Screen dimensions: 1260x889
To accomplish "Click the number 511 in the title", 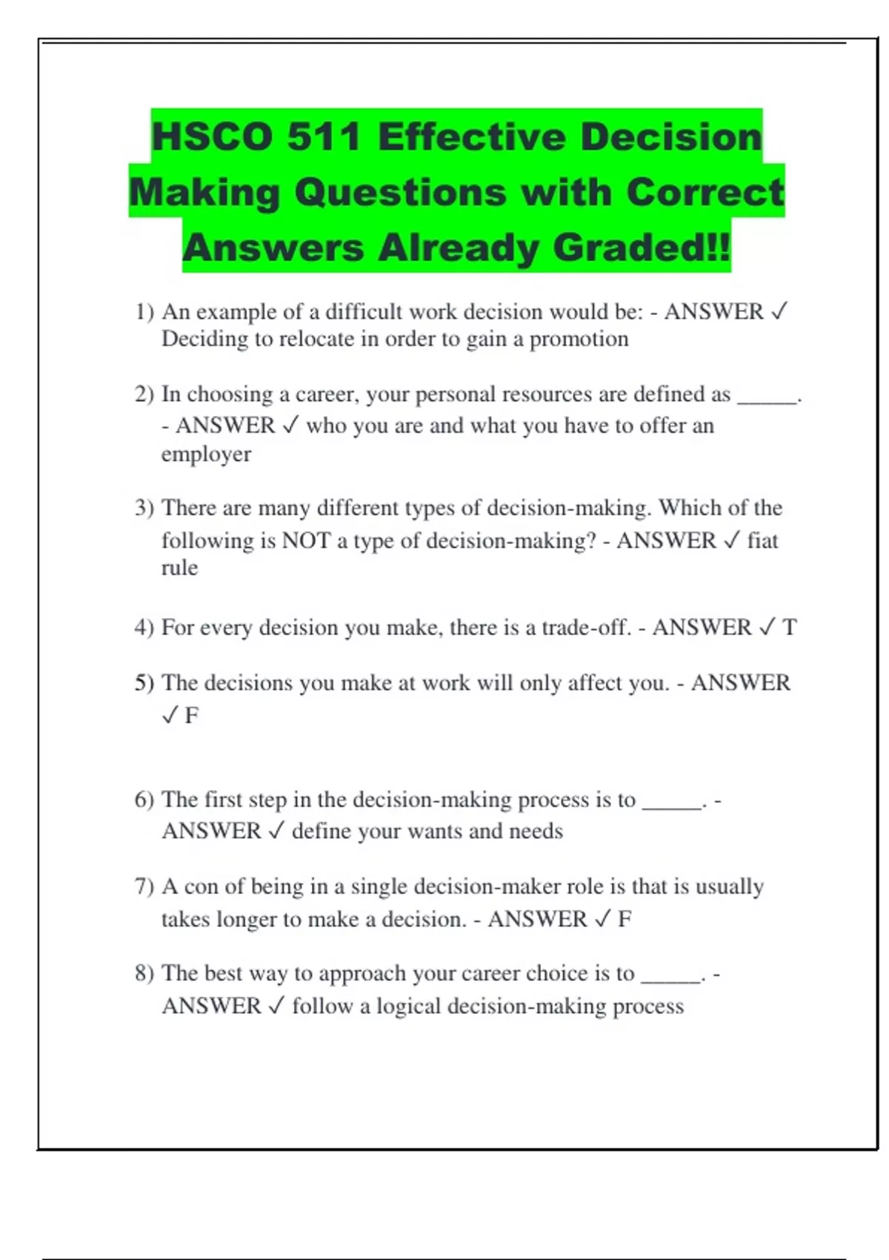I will point(324,137).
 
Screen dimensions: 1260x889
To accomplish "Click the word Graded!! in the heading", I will point(642,248).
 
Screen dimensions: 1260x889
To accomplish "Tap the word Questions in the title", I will point(401,193).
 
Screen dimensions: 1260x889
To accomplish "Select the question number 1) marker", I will point(144,312).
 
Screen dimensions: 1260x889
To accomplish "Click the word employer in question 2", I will point(206,454).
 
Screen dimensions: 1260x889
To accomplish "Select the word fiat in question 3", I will point(762,540).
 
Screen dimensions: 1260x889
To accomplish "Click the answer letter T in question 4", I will point(789,628).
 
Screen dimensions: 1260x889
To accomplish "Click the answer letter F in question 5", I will point(191,715).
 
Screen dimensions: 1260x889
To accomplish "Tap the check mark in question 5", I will point(170,715).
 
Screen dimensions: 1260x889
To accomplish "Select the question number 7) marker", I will point(144,886).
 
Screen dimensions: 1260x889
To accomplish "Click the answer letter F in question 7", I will point(625,919).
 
